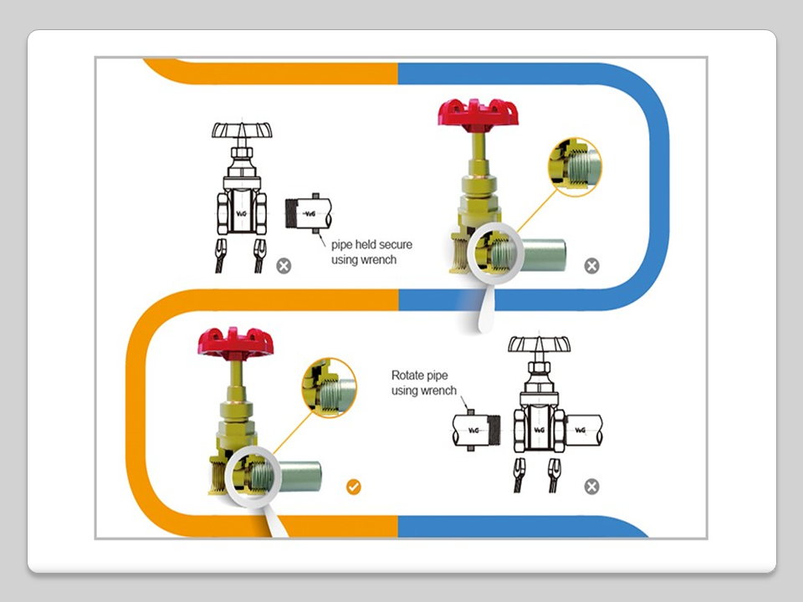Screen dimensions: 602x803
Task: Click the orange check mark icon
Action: (354, 487)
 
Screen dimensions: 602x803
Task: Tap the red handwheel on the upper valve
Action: (478, 112)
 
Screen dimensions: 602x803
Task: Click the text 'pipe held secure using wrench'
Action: (371, 252)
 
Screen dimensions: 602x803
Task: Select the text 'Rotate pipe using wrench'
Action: (424, 383)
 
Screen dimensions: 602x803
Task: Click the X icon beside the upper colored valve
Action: (591, 266)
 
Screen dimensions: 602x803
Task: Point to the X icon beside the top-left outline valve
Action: (284, 266)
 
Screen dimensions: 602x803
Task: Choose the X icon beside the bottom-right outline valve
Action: (591, 487)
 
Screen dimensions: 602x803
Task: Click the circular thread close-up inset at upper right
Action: (575, 166)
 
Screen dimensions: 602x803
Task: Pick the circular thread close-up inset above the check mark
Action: (329, 387)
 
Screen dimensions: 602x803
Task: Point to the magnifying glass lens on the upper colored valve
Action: (494, 255)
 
